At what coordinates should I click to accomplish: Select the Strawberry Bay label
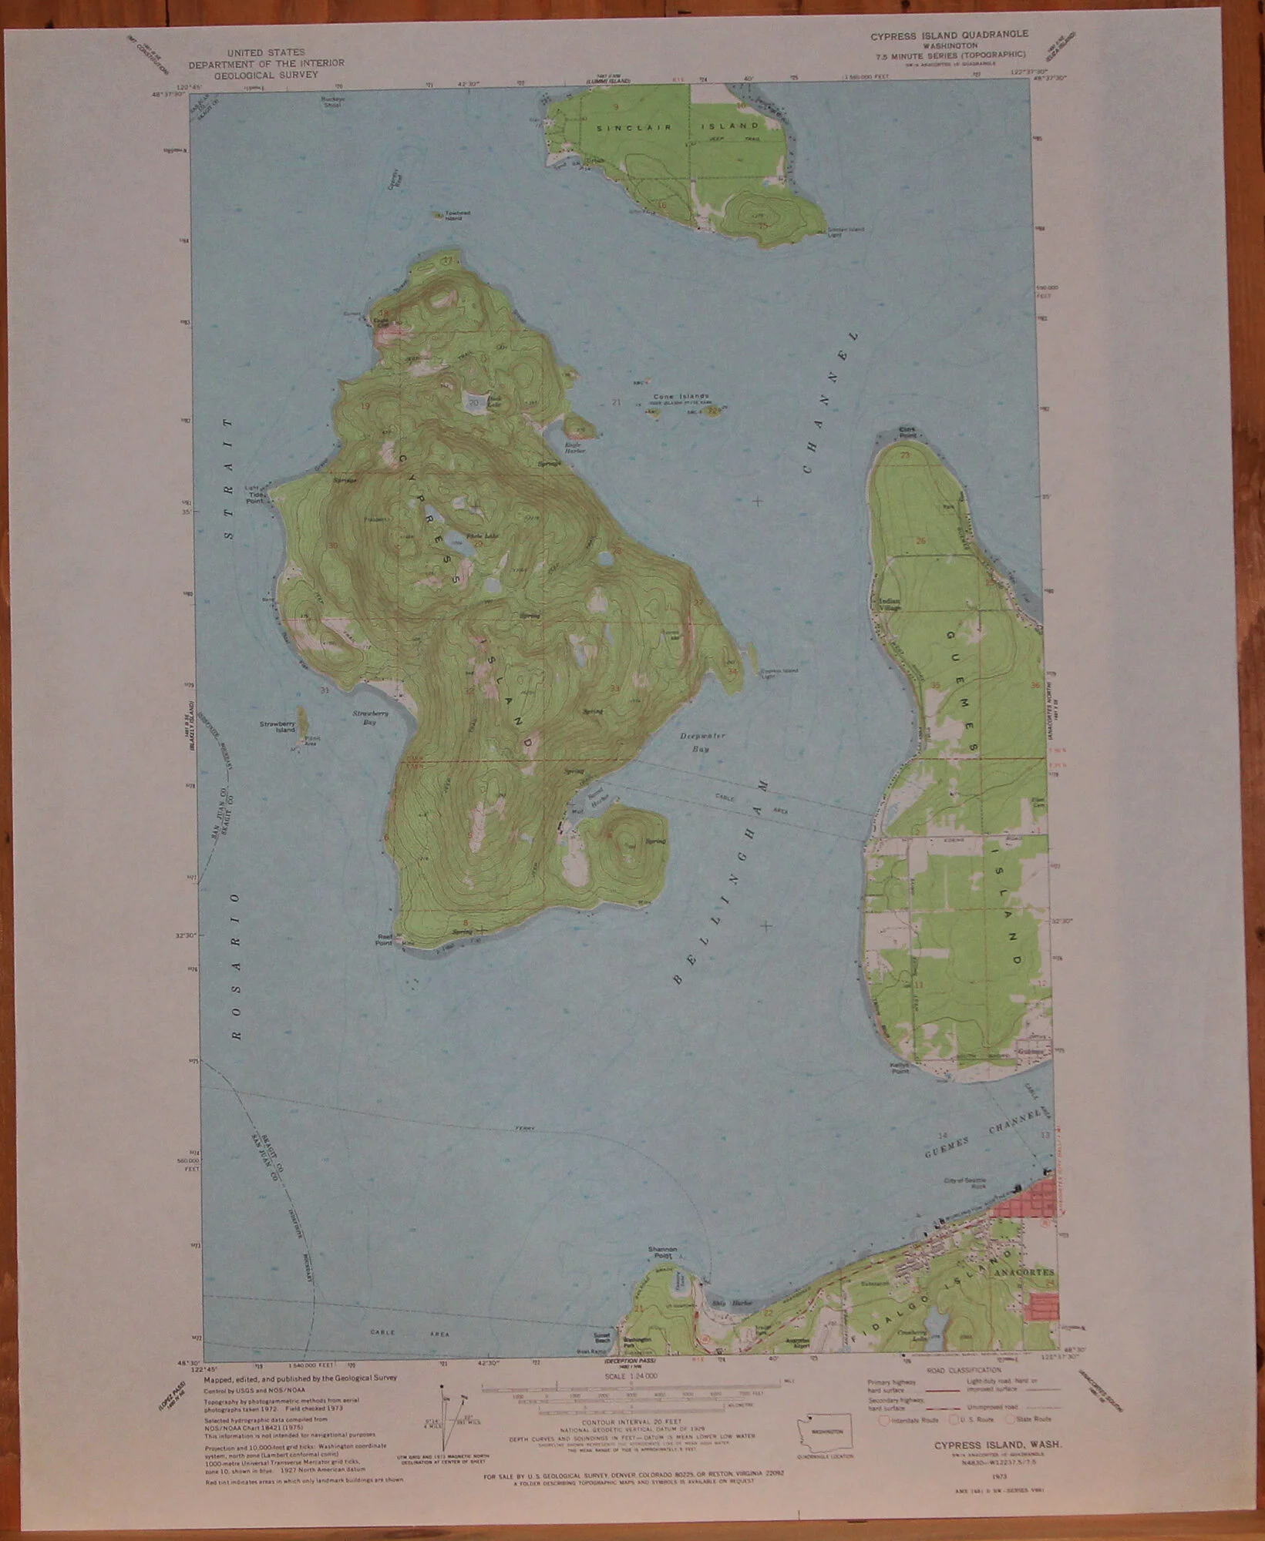370,717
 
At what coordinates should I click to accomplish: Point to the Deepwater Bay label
703,742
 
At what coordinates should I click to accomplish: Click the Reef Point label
384,939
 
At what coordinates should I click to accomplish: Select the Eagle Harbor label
576,448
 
